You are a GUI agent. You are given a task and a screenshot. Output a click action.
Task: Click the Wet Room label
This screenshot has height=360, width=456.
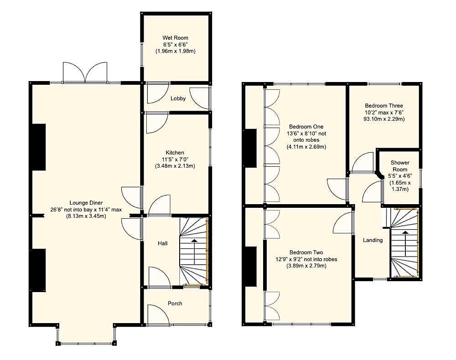tap(176, 38)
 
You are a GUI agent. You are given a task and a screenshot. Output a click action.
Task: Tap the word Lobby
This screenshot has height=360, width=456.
tap(178, 98)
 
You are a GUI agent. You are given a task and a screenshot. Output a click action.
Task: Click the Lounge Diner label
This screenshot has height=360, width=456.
tap(86, 203)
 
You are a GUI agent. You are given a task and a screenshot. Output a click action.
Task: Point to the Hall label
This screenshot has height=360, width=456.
tap(162, 243)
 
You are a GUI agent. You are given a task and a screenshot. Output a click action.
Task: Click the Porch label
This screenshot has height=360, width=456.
tap(175, 303)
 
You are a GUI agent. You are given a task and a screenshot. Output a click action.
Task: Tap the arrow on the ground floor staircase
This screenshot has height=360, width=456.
tap(194, 241)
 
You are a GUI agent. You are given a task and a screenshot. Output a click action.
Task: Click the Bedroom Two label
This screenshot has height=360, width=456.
tap(306, 252)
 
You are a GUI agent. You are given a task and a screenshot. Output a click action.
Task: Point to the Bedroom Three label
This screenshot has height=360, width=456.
tap(384, 106)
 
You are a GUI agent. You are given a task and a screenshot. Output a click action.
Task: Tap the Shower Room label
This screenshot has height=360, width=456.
tap(399, 166)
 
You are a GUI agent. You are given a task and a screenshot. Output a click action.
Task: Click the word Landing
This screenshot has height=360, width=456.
tap(373, 240)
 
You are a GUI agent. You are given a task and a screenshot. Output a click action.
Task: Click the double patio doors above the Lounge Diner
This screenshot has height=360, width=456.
tap(85, 73)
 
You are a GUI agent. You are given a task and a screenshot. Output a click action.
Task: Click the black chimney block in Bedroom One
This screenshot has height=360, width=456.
tap(250, 148)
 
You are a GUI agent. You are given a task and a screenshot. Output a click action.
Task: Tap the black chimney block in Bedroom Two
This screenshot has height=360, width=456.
tap(250, 267)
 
